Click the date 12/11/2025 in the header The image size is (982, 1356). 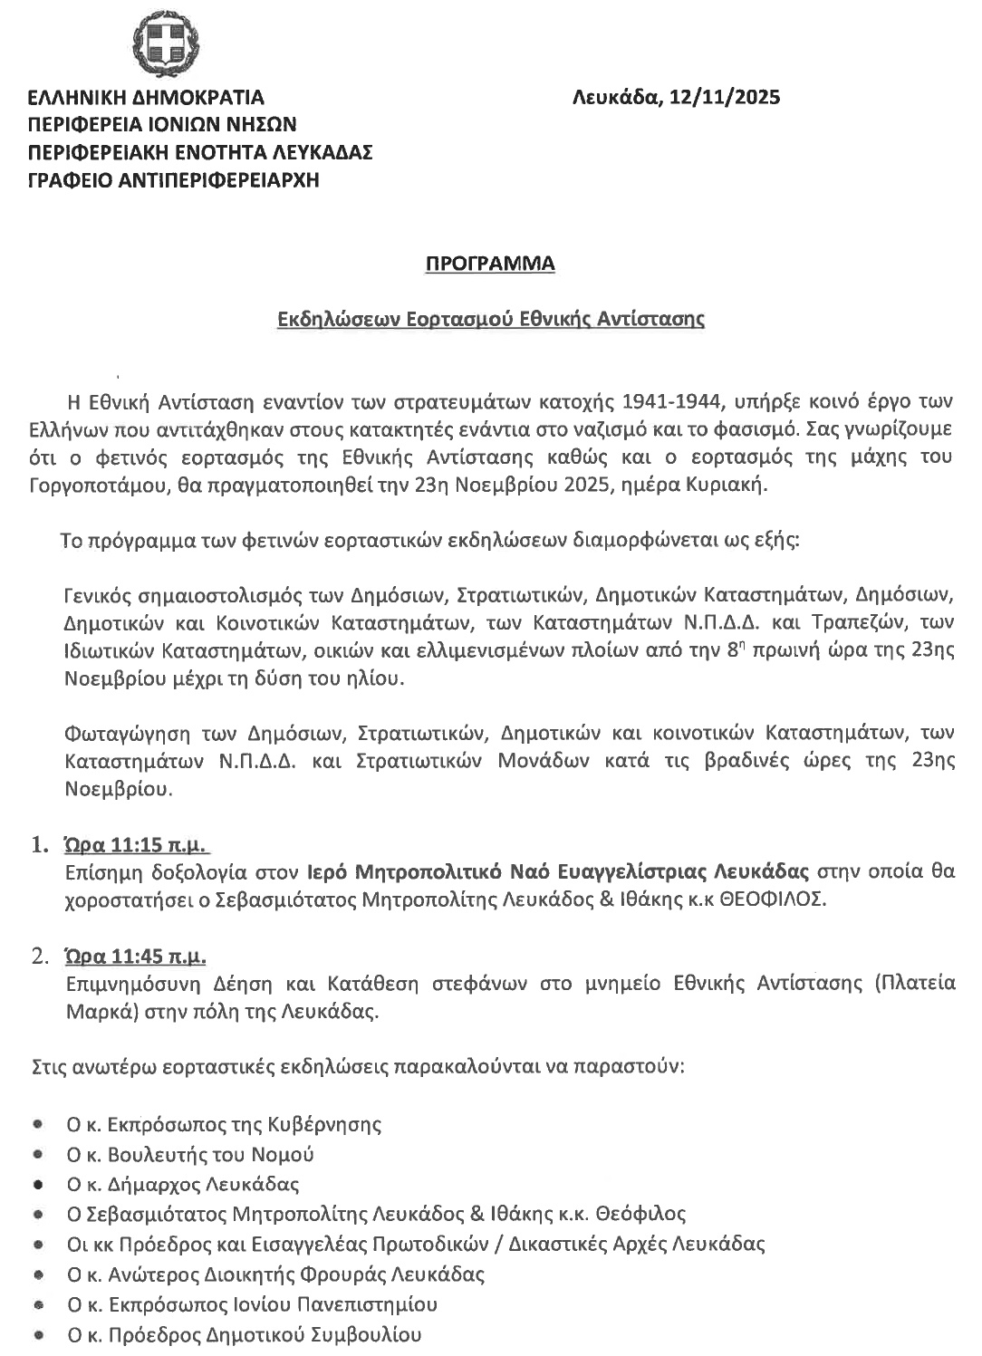point(725,97)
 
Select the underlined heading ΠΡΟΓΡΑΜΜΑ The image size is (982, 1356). point(490,264)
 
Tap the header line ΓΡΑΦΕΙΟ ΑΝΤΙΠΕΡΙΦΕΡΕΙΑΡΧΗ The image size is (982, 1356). point(174,179)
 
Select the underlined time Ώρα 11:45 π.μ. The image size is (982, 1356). point(135,955)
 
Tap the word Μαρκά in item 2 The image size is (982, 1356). point(93,1010)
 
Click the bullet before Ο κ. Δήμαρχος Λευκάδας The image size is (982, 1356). point(38,1184)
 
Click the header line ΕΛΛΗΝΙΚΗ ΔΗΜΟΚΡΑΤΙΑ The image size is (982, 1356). point(147,97)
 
